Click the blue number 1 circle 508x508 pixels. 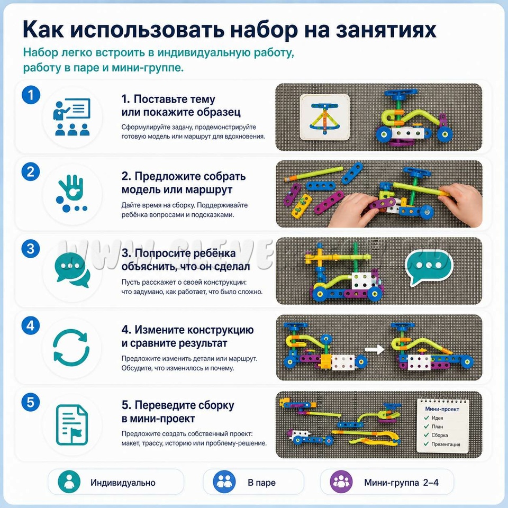[31, 95]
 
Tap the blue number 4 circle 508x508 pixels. [31, 325]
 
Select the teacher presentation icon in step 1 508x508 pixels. [71, 117]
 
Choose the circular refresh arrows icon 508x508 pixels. [71, 347]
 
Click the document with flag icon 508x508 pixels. [72, 424]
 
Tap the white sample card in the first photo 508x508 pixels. [325, 117]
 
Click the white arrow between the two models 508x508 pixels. [375, 349]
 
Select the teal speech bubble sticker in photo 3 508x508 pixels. [428, 267]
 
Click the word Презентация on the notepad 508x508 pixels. [446, 444]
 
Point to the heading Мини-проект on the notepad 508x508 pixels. [442, 409]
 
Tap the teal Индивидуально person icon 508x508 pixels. [69, 482]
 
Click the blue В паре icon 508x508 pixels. [224, 482]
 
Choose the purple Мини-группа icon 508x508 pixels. [341, 482]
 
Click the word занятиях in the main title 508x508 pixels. [386, 30]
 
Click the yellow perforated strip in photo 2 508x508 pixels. [302, 206]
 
